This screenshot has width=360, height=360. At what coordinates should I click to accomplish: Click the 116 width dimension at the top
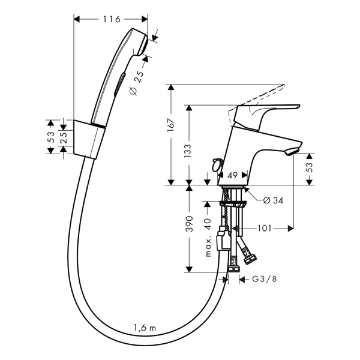pyautogui.click(x=112, y=19)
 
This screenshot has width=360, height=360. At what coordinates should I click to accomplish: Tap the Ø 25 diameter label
pyautogui.click(x=136, y=83)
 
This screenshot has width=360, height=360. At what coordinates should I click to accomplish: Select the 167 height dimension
pyautogui.click(x=171, y=125)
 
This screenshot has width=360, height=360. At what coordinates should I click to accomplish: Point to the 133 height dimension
pyautogui.click(x=188, y=151)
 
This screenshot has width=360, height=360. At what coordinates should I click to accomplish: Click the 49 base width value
pyautogui.click(x=232, y=175)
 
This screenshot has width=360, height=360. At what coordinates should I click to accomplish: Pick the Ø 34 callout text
pyautogui.click(x=273, y=200)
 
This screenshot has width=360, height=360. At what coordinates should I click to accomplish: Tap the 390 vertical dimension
pyautogui.click(x=190, y=223)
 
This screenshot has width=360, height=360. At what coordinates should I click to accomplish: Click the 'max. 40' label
pyautogui.click(x=208, y=238)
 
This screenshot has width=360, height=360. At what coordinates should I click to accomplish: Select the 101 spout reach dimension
pyautogui.click(x=265, y=228)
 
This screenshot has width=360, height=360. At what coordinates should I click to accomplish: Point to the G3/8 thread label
pyautogui.click(x=265, y=279)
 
